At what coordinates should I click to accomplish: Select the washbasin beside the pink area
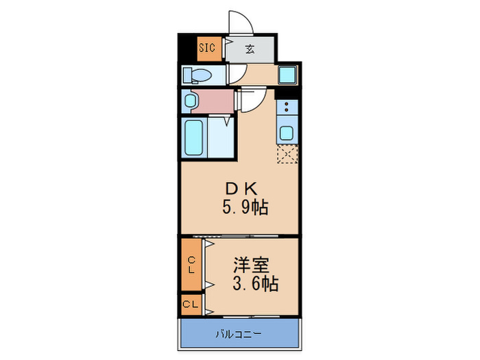coord(189,101)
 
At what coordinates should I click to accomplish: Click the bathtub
coord(195,137)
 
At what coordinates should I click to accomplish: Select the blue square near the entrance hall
coord(287,74)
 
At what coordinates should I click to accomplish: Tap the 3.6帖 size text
coord(254,283)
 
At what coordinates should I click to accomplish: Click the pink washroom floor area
coord(216,101)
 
